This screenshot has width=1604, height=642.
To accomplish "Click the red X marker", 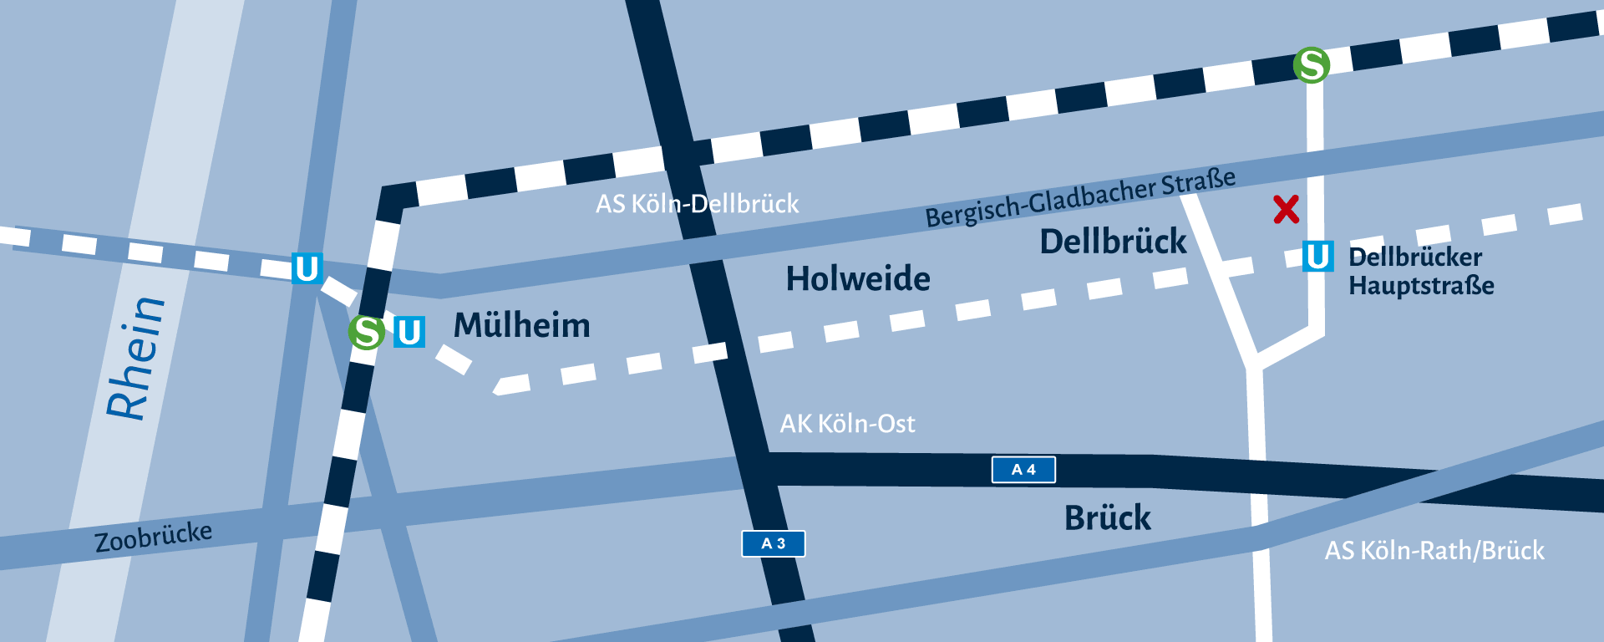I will pyautogui.click(x=1287, y=209).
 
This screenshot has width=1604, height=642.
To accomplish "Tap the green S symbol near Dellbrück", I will pyautogui.click(x=1311, y=64).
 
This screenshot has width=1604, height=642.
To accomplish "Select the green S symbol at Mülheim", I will pyautogui.click(x=366, y=332).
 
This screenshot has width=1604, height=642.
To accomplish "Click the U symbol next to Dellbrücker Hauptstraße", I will pyautogui.click(x=1317, y=256).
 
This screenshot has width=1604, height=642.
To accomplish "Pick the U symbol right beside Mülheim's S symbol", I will pyautogui.click(x=409, y=332).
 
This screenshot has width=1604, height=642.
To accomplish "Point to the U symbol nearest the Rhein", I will pyautogui.click(x=307, y=268).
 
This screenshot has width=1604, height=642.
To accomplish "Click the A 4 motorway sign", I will pyautogui.click(x=1023, y=470).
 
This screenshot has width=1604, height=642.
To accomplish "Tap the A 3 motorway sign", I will pyautogui.click(x=773, y=543).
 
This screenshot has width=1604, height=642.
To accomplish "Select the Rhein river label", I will pyautogui.click(x=136, y=358).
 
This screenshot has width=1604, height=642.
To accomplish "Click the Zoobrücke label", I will pyautogui.click(x=153, y=537).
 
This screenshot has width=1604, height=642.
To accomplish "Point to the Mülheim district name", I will pyautogui.click(x=521, y=325).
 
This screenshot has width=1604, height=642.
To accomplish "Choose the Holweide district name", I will pyautogui.click(x=858, y=278).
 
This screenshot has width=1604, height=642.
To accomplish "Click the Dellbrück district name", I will pyautogui.click(x=1113, y=242).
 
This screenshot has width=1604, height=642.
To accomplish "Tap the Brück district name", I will pyautogui.click(x=1107, y=518).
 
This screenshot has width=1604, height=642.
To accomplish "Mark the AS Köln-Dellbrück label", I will pyautogui.click(x=697, y=204).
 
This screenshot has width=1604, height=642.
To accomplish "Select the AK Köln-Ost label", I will pyautogui.click(x=847, y=424).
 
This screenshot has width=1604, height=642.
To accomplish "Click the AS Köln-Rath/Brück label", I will pyautogui.click(x=1434, y=551).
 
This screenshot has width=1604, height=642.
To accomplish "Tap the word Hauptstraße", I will pyautogui.click(x=1421, y=286).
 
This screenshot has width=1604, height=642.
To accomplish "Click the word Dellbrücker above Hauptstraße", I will pyautogui.click(x=1415, y=257).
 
